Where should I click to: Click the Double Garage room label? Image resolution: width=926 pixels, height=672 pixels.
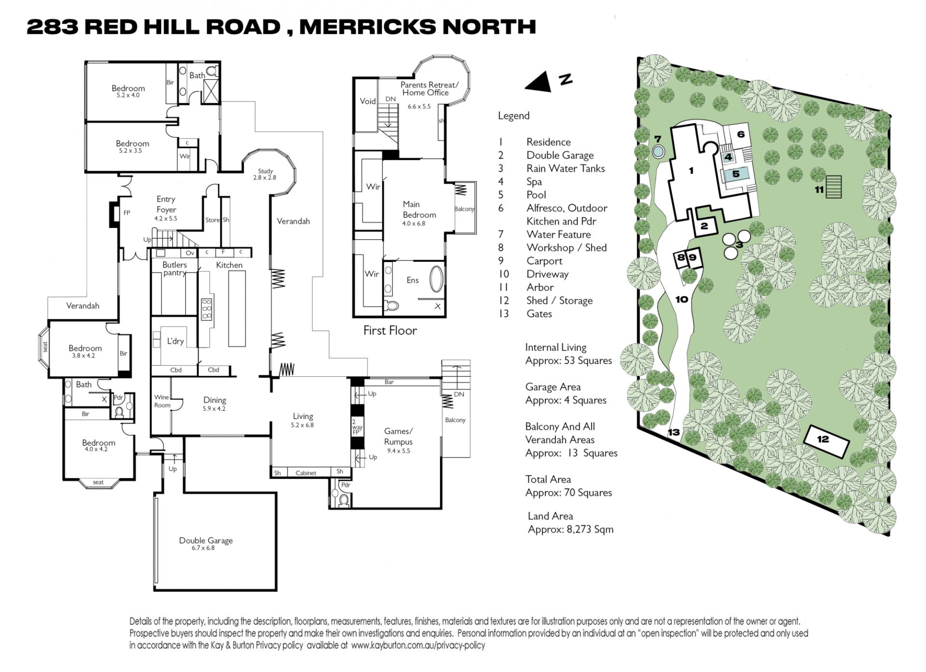coord(206,540)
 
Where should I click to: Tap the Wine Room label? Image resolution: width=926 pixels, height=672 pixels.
coord(162,401)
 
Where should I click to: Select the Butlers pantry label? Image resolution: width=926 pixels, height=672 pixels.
coord(174,269)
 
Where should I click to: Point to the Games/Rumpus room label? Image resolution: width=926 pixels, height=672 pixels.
coord(398,436)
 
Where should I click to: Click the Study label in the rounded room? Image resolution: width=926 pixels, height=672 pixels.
coord(265,171)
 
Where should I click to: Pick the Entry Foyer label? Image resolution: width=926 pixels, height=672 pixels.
coord(166,204)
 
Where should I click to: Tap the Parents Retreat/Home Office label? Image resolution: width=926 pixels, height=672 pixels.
coord(429,89)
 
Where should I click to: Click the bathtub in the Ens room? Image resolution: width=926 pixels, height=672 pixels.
coord(436,279)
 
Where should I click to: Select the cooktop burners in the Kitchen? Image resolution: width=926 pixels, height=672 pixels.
coord(206,309)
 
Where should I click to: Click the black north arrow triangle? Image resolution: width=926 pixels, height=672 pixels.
coord(540,82)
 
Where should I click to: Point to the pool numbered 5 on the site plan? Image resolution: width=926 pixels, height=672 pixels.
coord(735,174)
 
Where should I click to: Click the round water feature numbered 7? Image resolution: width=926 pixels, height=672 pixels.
coord(658,151)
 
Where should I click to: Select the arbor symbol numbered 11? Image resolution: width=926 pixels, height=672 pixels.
coord(833,187)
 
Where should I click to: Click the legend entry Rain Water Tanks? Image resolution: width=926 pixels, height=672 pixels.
coord(565,168)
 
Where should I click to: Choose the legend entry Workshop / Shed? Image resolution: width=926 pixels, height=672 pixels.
coord(567,247)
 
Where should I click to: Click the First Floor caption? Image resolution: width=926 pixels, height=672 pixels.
coord(390,330)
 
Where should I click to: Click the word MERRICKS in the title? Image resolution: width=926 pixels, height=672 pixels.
coord(367,27)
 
